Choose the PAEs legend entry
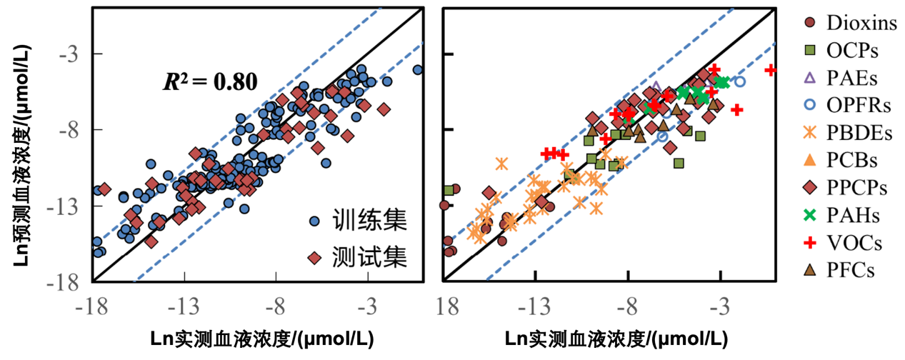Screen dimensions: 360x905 [852, 78]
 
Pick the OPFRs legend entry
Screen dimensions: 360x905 [859, 106]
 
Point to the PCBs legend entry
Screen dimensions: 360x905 [852, 160]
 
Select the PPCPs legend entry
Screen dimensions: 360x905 [857, 187]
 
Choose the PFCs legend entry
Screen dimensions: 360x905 [851, 269]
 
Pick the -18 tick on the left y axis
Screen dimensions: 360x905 [68, 283]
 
